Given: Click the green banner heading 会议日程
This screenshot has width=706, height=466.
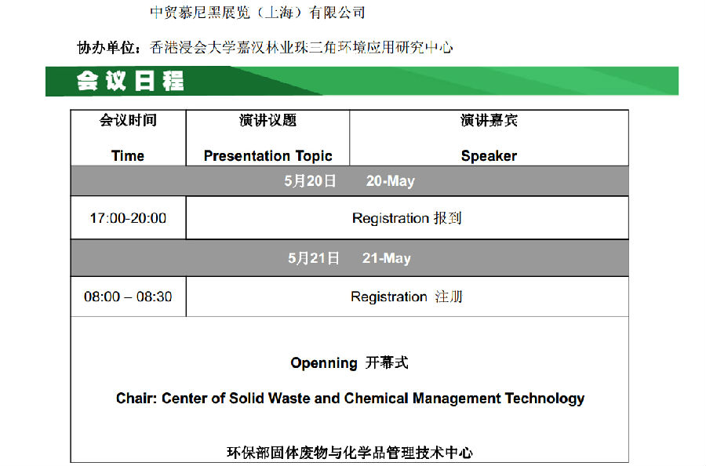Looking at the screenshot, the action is tap(130, 81).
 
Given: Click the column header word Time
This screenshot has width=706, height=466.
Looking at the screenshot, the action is tap(128, 156).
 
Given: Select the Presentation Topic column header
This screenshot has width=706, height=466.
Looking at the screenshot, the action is tap(268, 156).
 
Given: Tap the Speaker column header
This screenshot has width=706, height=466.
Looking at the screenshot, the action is tap(489, 156).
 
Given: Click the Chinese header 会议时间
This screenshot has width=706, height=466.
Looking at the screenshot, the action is tap(128, 120).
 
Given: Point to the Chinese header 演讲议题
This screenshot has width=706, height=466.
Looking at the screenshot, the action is tap(268, 120).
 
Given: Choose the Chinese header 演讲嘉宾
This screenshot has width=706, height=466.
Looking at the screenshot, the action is tap(489, 120).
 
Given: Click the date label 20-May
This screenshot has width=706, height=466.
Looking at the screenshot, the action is tap(391, 181).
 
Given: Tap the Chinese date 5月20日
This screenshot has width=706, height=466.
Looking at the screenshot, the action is tap(310, 181).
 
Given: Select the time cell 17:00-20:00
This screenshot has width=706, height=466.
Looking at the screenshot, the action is tap(128, 218).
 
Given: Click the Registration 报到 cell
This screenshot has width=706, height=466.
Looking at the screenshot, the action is tap(407, 218).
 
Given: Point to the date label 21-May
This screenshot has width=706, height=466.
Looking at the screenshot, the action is tap(387, 258).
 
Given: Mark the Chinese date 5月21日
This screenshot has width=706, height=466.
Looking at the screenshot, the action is tap(313, 258).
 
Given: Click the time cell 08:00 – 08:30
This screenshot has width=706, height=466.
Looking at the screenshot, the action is tap(128, 297).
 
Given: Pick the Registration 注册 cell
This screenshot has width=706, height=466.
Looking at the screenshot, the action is tap(406, 297).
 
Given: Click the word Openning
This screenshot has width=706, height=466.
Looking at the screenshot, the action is tap(324, 363).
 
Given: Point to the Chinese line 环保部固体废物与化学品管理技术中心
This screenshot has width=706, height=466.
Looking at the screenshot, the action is tap(350, 453).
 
